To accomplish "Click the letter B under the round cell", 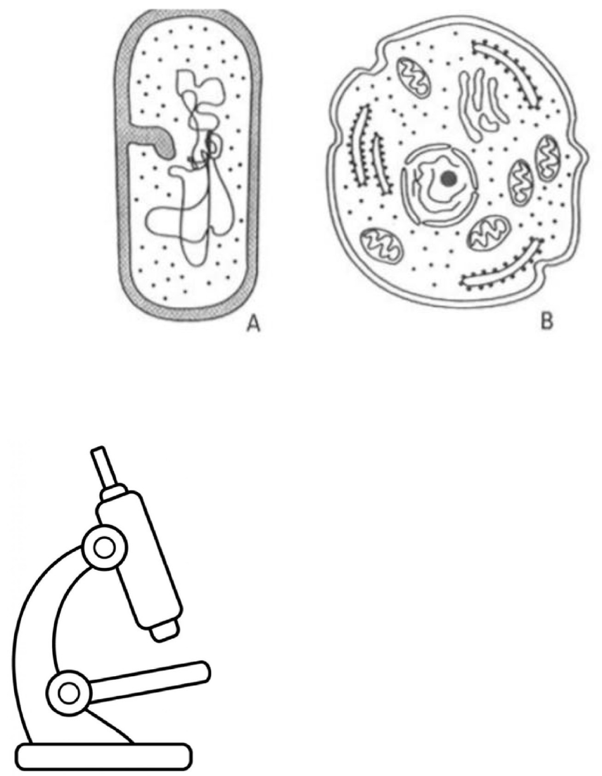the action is (x=546, y=322).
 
